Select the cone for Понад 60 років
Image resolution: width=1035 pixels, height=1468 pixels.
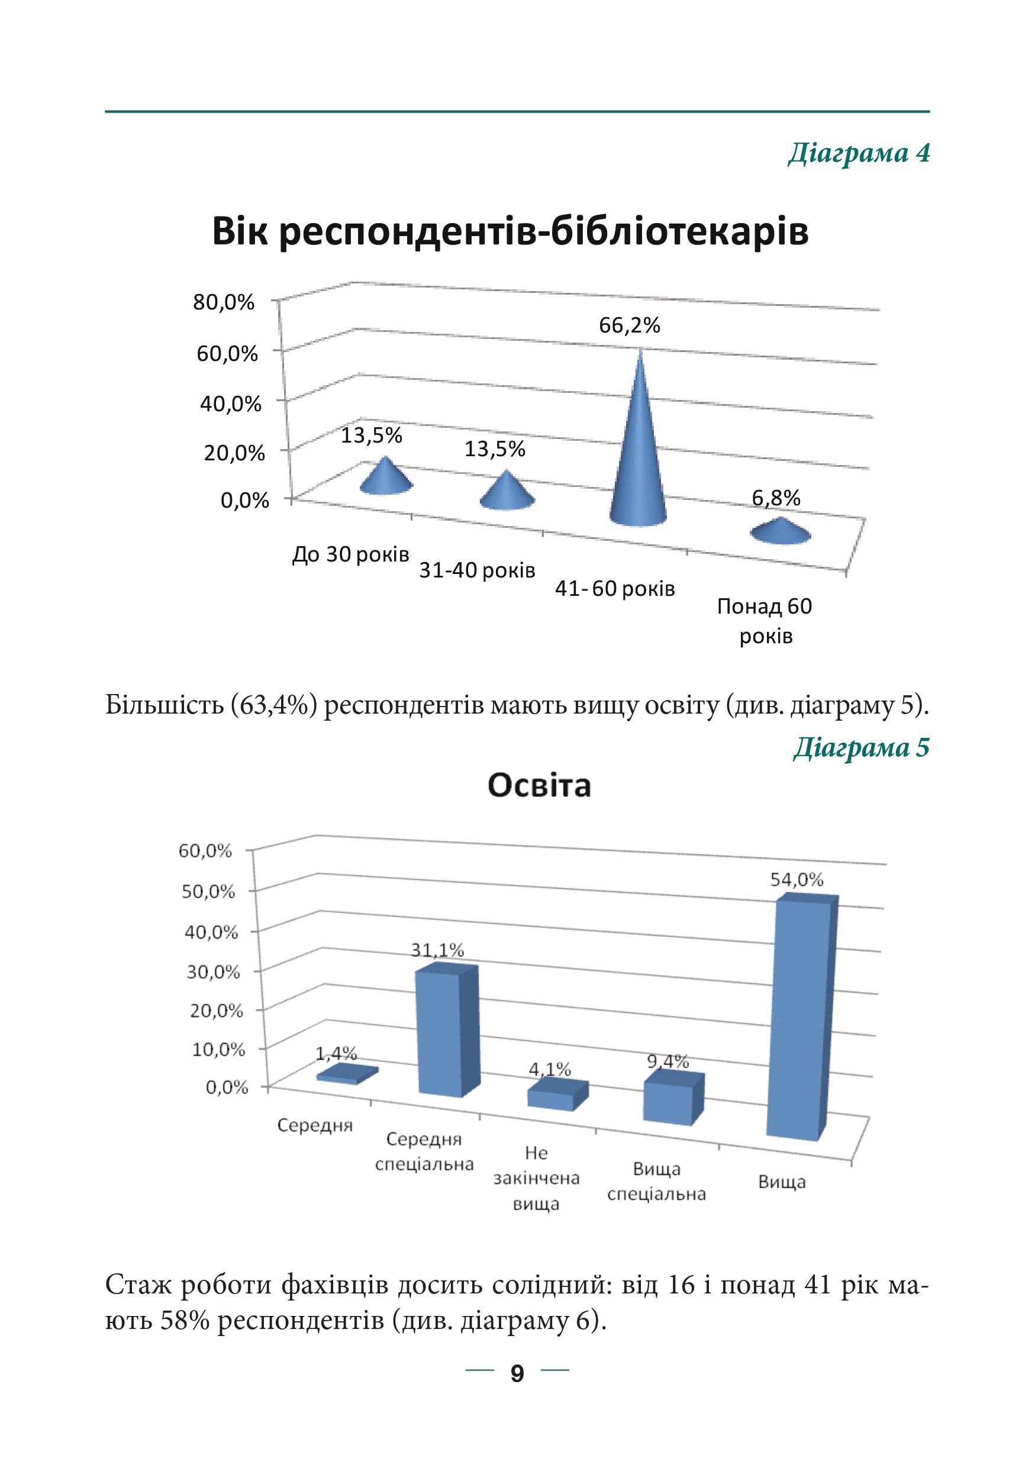(781, 531)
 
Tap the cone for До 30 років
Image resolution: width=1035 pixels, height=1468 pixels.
(385, 477)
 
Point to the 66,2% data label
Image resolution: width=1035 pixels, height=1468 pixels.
(629, 325)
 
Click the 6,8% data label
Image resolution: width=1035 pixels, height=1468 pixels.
(775, 498)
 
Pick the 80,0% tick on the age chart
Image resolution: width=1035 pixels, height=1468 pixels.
(224, 302)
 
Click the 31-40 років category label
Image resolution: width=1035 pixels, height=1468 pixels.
(477, 570)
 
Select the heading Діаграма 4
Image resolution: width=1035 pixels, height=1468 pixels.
(859, 153)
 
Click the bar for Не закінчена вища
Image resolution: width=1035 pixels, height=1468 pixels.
(557, 1095)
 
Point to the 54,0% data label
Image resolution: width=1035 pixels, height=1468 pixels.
(797, 880)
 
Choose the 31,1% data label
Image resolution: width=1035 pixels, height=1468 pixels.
(437, 951)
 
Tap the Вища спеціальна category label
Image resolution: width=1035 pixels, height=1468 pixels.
(656, 1182)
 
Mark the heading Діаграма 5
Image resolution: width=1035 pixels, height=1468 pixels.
(862, 747)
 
